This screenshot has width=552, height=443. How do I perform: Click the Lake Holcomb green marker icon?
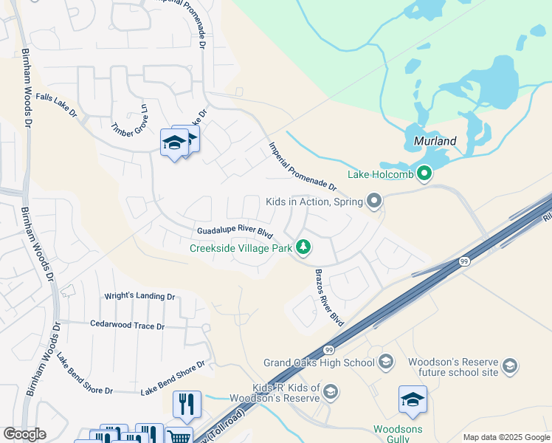pos(424,174)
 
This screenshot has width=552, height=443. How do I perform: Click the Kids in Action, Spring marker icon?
pos(374,201)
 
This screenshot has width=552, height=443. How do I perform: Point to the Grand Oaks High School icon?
pos(384,362)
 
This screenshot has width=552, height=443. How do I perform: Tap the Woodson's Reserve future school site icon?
pos(509,365)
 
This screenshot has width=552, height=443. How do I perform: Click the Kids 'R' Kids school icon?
pos(331,391)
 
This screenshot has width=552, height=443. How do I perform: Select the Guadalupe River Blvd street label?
pos(230,233)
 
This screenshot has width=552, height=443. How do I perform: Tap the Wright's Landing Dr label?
pos(139,296)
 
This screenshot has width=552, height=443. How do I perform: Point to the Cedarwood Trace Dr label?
pos(127,325)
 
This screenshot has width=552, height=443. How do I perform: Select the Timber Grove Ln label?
pos(130,121)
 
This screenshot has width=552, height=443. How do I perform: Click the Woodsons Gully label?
pos(398,433)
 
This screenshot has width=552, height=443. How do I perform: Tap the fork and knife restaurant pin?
pos(187,404)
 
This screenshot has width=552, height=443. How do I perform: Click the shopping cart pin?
pos(178,437)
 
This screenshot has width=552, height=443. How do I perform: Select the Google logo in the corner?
pos(24,434)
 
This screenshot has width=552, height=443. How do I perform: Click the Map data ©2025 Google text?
pos(506,437)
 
